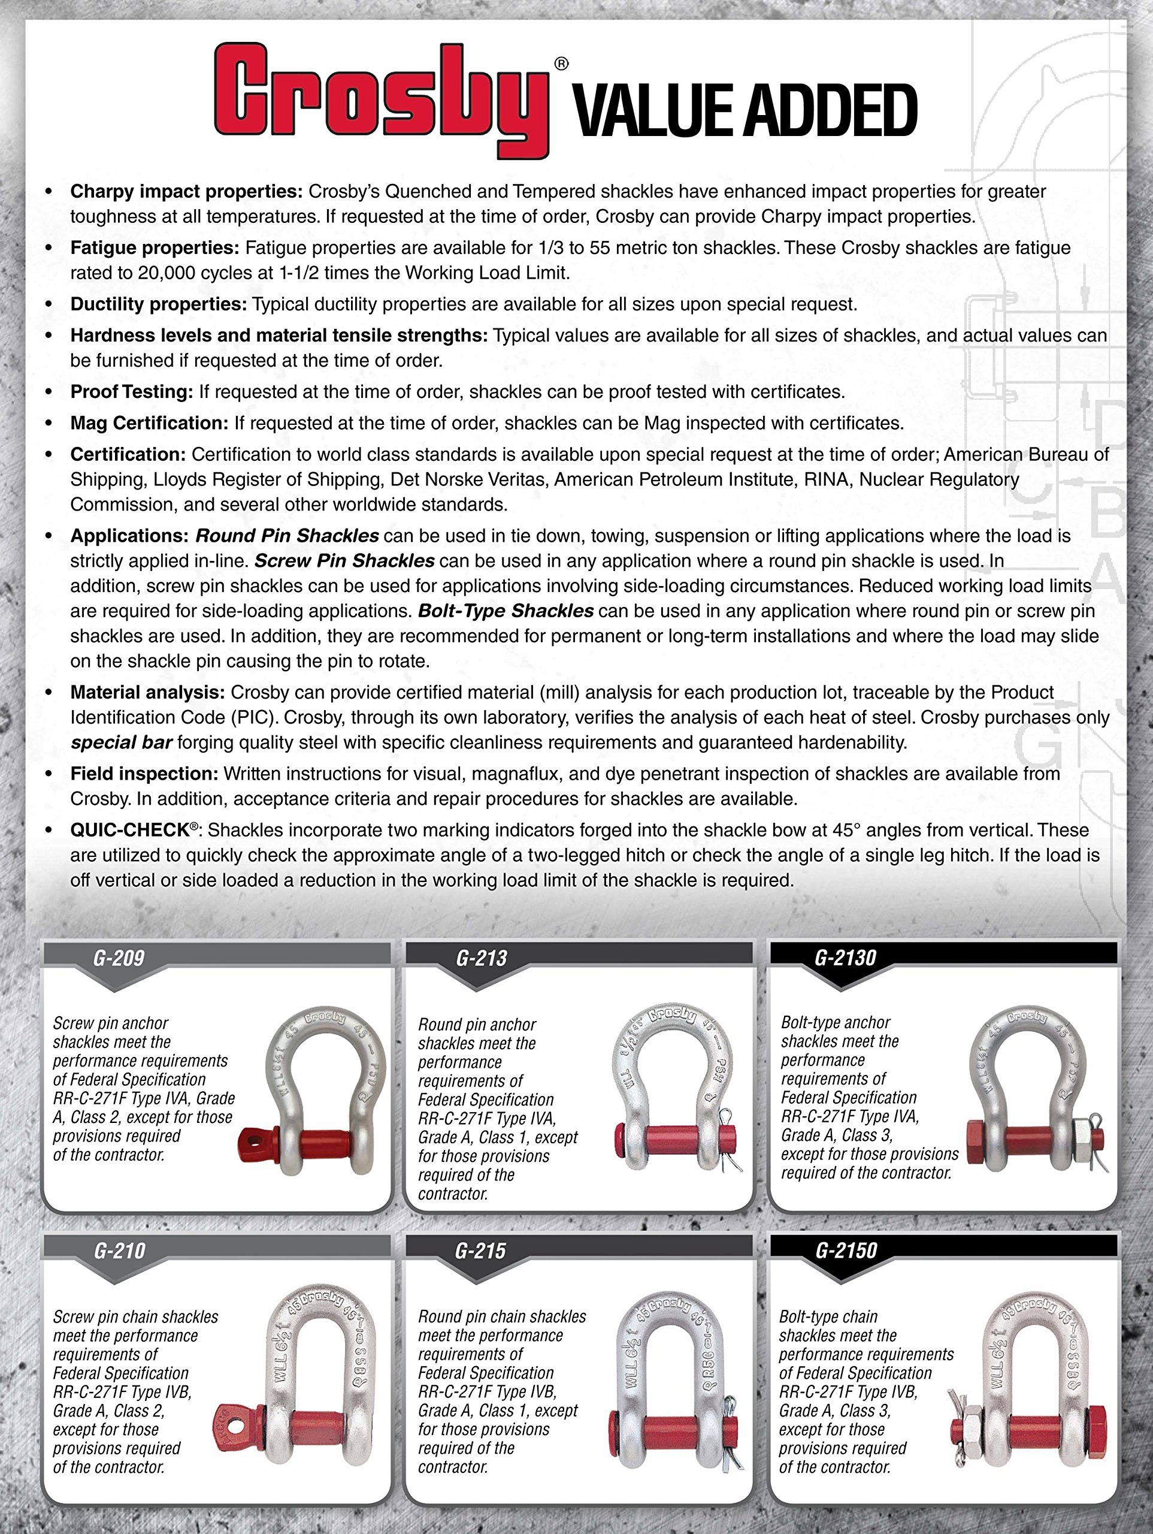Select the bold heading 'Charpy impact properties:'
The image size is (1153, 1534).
point(186,191)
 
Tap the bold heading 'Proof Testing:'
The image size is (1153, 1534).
point(132,392)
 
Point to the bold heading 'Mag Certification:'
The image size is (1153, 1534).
point(149,423)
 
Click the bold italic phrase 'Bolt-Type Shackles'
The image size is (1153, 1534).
point(506,611)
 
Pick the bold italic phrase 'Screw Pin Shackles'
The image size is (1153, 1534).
point(344,560)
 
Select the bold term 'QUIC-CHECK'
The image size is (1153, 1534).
point(129,830)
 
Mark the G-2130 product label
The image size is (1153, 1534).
point(845,958)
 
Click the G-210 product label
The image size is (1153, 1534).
point(119,1251)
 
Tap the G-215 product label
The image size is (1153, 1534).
point(480,1251)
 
